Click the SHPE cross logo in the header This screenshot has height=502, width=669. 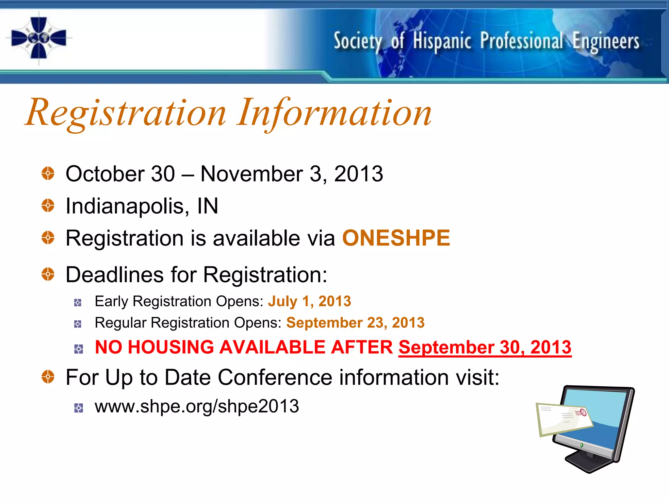coord(39,38)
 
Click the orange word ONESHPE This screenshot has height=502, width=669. coord(396,238)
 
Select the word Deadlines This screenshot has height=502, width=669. coord(114,275)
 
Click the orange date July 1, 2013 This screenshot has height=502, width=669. coord(309,301)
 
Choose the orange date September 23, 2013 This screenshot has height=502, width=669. coord(355,323)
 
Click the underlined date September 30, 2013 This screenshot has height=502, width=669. coord(485,347)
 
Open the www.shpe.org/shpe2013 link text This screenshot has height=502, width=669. coord(197,406)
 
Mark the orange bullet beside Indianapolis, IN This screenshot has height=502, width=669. coord(48,206)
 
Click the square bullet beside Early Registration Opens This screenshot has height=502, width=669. coord(78,303)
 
